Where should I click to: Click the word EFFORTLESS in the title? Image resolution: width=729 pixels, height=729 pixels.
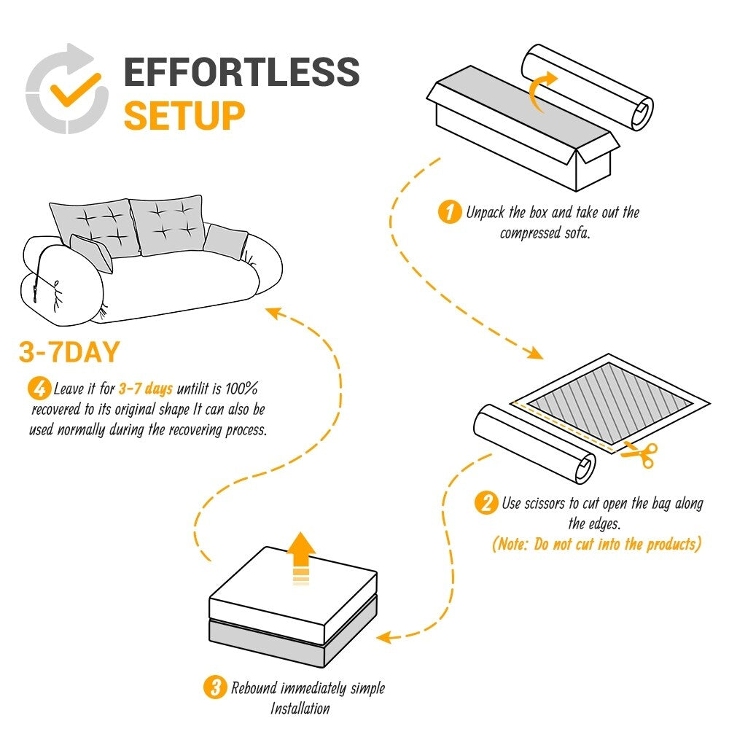(241, 72)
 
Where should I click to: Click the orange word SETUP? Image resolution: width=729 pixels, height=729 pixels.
(184, 116)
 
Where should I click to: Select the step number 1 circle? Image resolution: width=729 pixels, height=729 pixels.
(449, 213)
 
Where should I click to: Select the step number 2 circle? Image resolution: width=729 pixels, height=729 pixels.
(486, 503)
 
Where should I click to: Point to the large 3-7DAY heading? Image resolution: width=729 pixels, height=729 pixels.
(69, 353)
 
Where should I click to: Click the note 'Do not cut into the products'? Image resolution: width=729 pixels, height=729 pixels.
(596, 544)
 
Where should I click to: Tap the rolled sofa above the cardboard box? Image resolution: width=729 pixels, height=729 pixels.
(587, 87)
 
